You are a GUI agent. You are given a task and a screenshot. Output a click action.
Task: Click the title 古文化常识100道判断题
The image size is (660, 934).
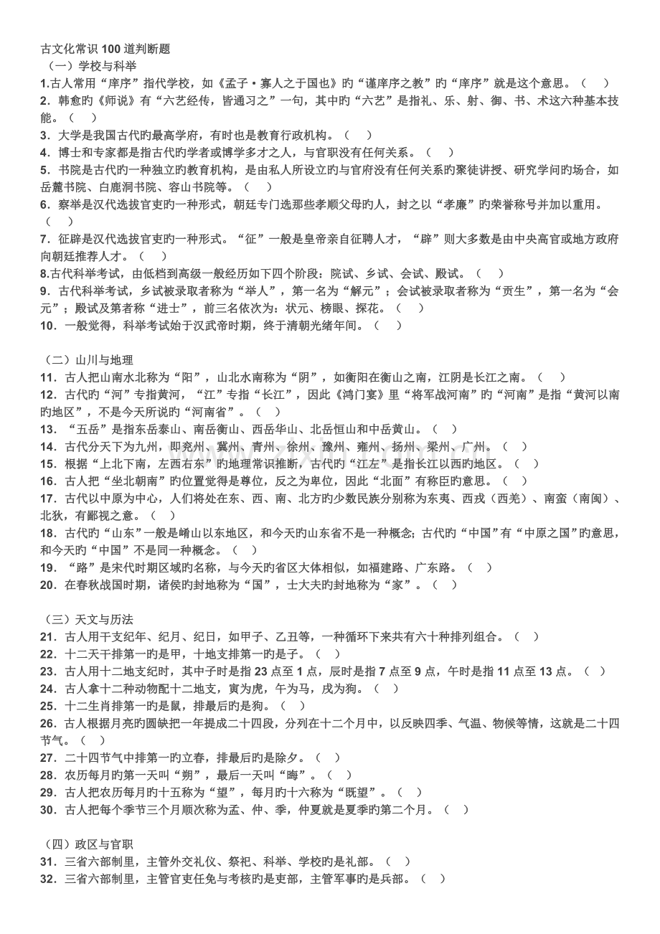(x=105, y=49)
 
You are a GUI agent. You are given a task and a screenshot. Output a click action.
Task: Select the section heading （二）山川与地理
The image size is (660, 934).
(x=87, y=360)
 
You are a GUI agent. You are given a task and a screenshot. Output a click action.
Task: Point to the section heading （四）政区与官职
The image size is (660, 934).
(x=87, y=844)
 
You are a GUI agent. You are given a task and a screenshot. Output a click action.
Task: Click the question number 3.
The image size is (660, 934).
(x=45, y=135)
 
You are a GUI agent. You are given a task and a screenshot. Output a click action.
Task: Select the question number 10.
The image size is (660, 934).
(x=48, y=326)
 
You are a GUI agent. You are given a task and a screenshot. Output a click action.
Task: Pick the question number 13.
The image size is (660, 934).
(x=48, y=429)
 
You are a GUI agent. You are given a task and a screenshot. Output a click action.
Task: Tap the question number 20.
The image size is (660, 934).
(x=48, y=585)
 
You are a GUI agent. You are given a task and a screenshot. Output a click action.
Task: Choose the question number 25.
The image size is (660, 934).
(x=48, y=706)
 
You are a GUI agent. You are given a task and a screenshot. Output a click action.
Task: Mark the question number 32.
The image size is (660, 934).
(x=48, y=879)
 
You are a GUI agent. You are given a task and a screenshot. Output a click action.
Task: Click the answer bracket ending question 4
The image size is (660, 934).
(x=439, y=152)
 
